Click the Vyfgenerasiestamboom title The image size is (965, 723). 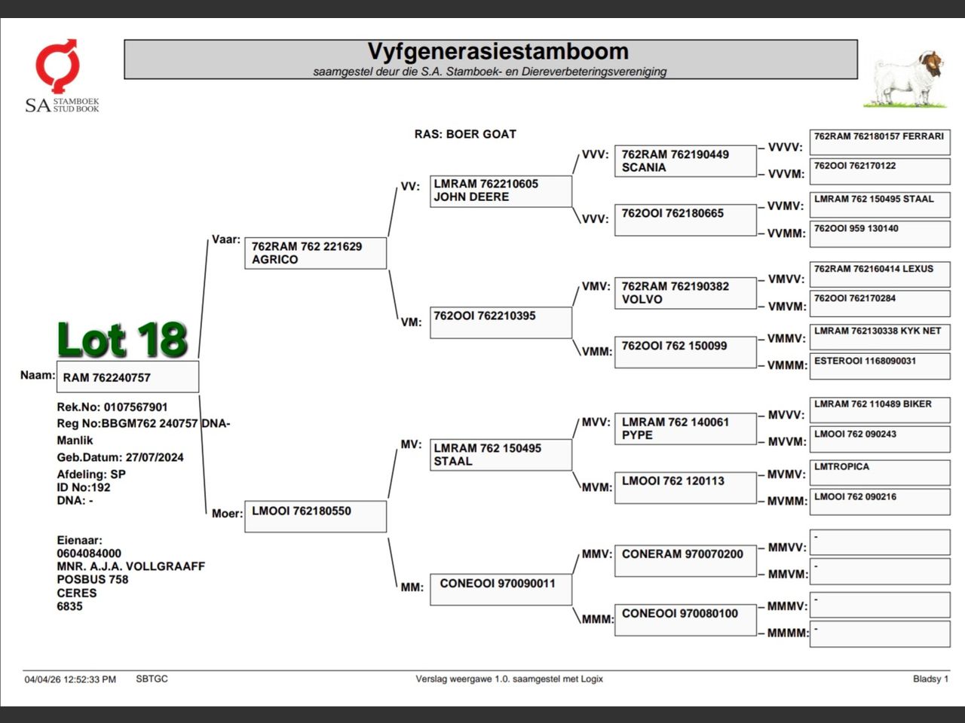click(498, 52)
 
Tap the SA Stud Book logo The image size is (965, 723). click(60, 76)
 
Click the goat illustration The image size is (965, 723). click(909, 78)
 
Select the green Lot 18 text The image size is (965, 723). click(122, 340)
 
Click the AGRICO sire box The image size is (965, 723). click(315, 253)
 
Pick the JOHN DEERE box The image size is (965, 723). click(500, 191)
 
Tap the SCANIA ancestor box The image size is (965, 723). click(685, 161)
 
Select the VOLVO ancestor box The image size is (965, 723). click(685, 293)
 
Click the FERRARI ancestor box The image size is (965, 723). click(879, 142)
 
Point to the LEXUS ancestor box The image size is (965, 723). click(879, 274)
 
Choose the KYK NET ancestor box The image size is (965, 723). click(879, 336)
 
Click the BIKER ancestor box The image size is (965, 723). click(879, 410)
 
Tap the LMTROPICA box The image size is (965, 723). click(879, 472)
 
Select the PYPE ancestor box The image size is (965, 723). click(685, 429)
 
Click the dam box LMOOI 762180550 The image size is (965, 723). click(315, 516)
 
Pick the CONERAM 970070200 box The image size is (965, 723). click(685, 560)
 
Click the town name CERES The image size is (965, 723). click(77, 593)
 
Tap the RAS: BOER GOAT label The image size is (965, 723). click(465, 134)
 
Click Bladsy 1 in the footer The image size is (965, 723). click(930, 679)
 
